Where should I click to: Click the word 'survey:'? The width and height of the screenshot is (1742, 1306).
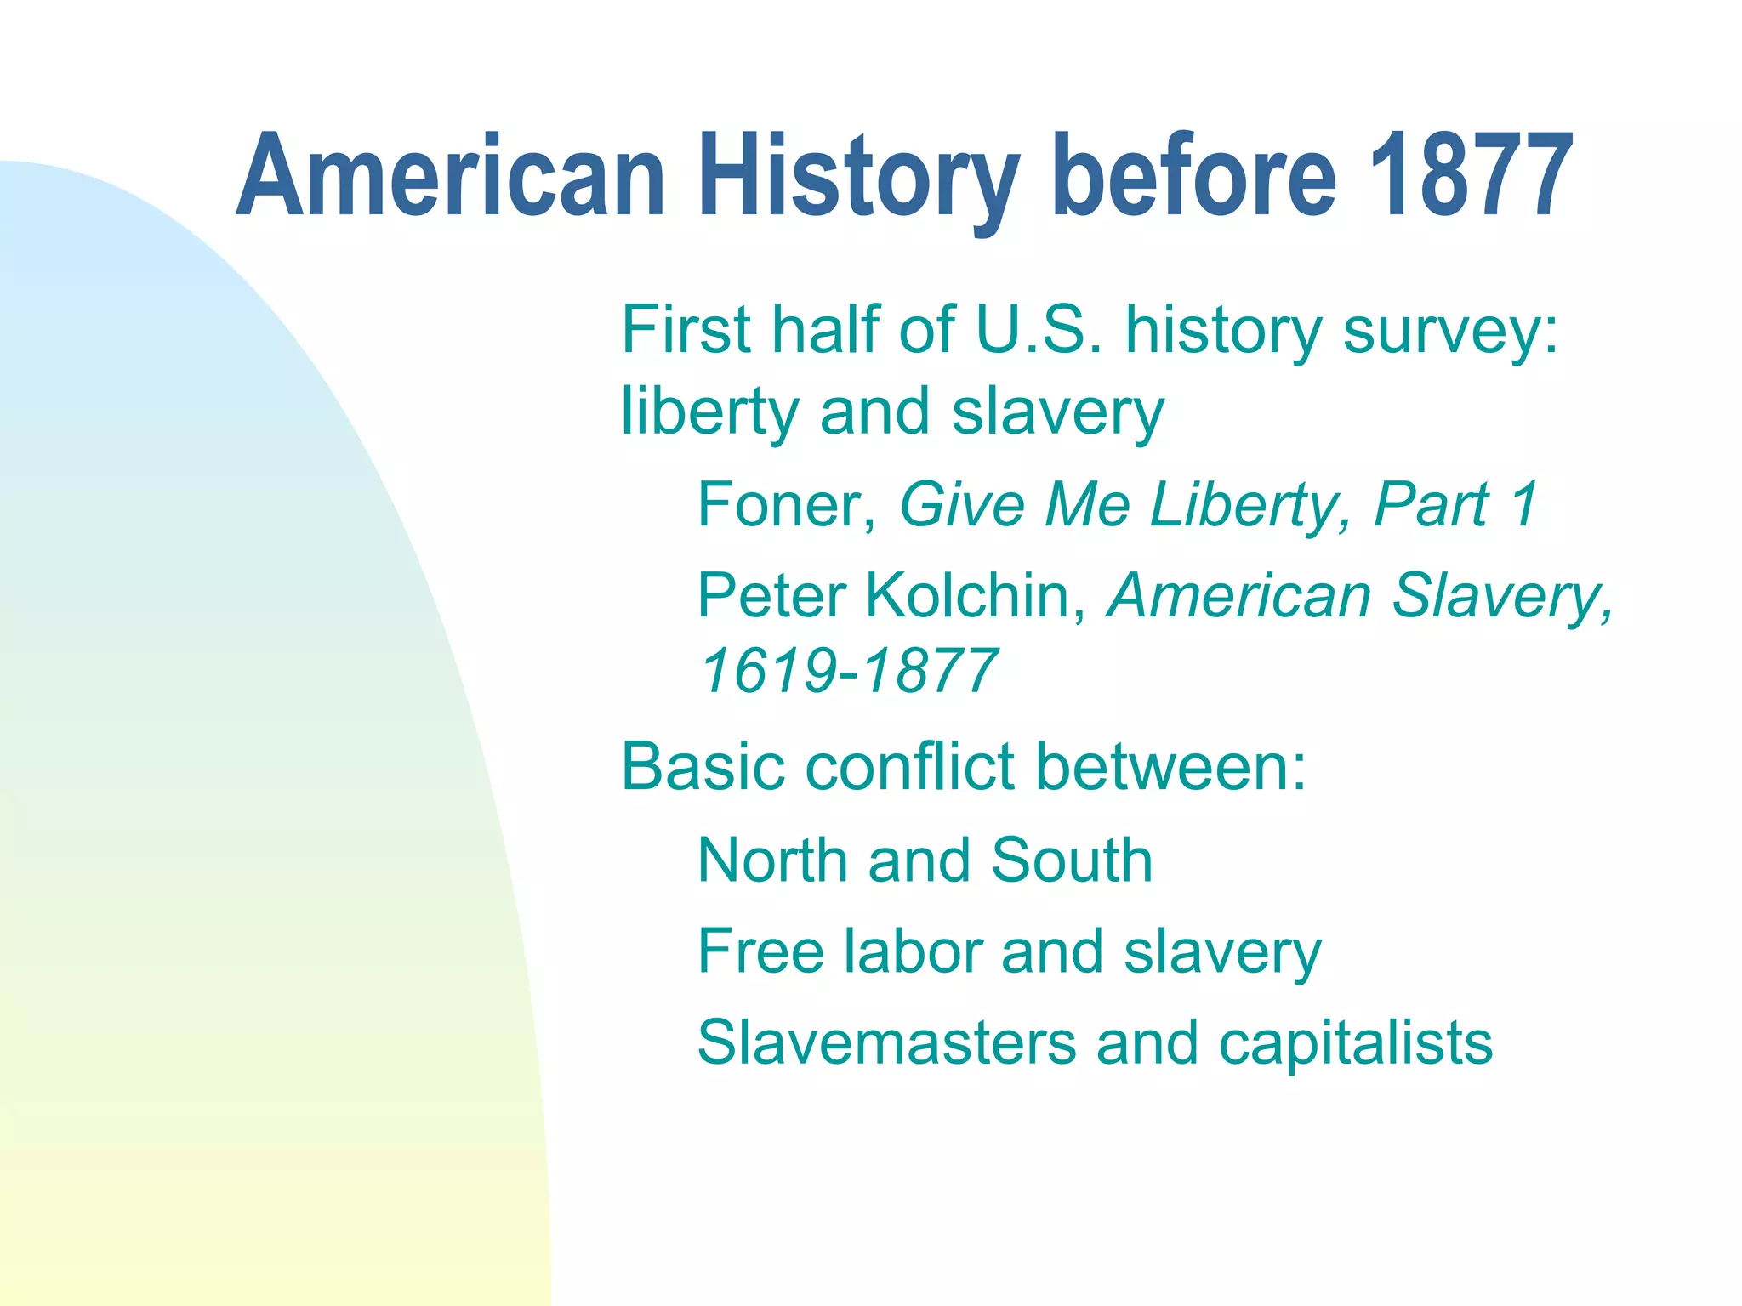(1452, 332)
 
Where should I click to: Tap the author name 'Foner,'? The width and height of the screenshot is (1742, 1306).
(787, 506)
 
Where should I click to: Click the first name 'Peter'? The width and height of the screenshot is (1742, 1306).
(771, 595)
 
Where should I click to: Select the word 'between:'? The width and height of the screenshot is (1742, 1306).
(1171, 767)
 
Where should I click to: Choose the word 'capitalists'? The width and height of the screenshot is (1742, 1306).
(1355, 1044)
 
